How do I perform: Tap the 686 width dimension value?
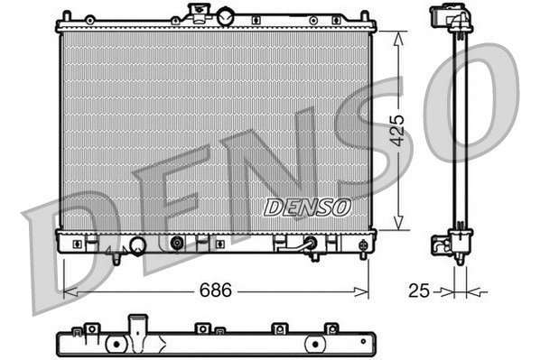coord(216,291)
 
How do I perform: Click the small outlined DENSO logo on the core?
coord(307,207)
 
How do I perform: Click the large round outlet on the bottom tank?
coord(137,245)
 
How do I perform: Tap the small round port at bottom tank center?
coord(177,243)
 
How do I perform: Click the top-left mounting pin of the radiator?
coord(65,15)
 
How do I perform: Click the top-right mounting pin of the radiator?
coord(364,15)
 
